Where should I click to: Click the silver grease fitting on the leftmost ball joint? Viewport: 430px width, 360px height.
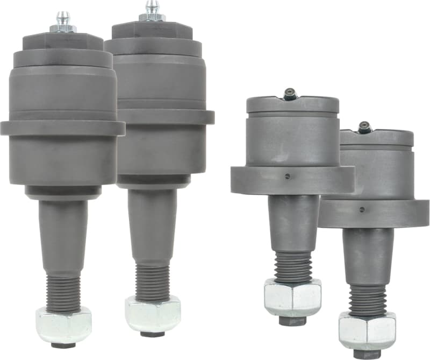pos(63,22)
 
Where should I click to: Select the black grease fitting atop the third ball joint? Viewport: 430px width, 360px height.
pos(290,94)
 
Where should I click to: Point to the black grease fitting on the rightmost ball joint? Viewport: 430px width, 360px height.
pos(365,127)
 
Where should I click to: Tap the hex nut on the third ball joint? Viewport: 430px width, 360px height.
pos(292,298)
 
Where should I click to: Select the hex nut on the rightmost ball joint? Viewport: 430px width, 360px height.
pos(367,329)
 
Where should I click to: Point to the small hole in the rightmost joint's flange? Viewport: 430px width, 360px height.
pos(362,209)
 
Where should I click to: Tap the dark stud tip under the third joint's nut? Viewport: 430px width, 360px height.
pos(293,321)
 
